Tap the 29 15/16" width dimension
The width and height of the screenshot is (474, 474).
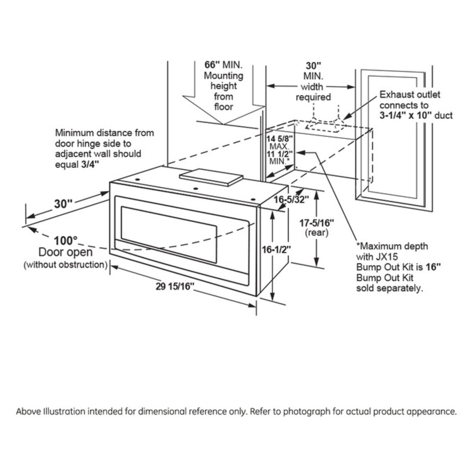pyautogui.click(x=175, y=286)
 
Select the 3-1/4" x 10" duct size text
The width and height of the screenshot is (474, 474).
pyautogui.click(x=416, y=115)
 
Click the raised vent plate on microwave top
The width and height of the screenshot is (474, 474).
pyautogui.click(x=211, y=177)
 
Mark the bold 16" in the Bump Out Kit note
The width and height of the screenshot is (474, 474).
pyautogui.click(x=433, y=267)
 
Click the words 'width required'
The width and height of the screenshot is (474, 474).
pyautogui.click(x=313, y=92)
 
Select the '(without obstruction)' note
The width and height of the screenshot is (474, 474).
pyautogui.click(x=66, y=264)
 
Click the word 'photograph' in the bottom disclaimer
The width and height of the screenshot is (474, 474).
pyautogui.click(x=306, y=411)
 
